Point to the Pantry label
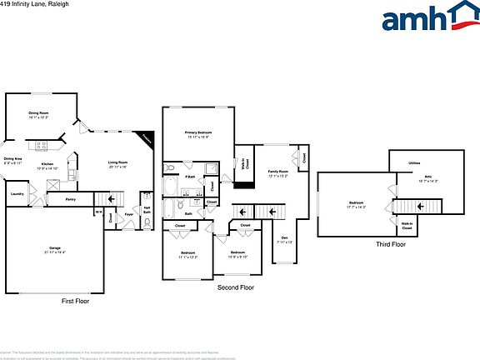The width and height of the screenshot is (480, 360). [x=70, y=199]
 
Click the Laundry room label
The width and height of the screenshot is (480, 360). [x=17, y=194]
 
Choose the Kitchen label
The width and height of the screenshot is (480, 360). [x=47, y=164]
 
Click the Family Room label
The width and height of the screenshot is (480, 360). [x=277, y=172]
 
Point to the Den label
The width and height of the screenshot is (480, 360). [x=283, y=240]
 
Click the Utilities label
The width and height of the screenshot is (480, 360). [x=414, y=162]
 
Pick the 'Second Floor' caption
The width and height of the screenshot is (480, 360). [x=235, y=287]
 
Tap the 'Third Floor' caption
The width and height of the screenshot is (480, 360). [x=390, y=244]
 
